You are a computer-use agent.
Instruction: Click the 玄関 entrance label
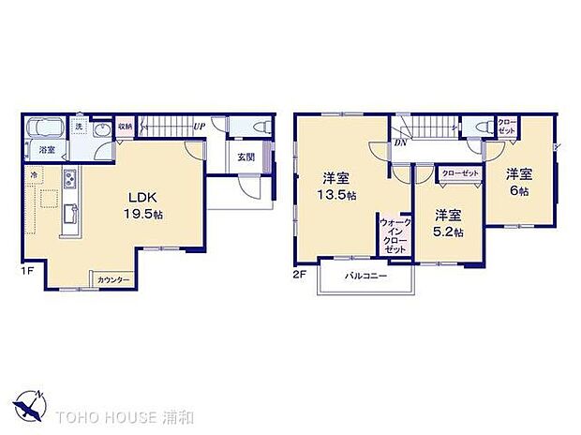click(x=246, y=157)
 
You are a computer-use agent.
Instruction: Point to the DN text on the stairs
click(x=400, y=142)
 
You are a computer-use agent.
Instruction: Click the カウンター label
click(x=113, y=280)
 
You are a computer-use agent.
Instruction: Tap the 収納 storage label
click(x=126, y=126)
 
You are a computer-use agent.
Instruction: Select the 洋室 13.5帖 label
click(x=336, y=187)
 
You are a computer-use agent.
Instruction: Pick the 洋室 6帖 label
click(x=519, y=181)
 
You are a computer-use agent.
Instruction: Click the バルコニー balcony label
click(x=365, y=277)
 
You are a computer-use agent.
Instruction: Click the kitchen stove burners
click(x=69, y=179)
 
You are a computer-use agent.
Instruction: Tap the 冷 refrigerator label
click(x=34, y=174)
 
